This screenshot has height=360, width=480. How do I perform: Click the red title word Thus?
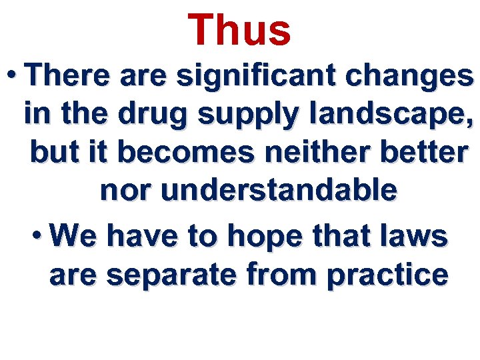point(239,31)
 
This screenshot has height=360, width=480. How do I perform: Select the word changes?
point(419,77)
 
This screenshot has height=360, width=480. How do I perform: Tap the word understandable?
point(279,191)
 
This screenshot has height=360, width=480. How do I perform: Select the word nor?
point(127,191)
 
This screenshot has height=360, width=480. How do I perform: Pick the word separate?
point(168,274)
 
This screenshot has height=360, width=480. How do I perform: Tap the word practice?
point(387,274)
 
